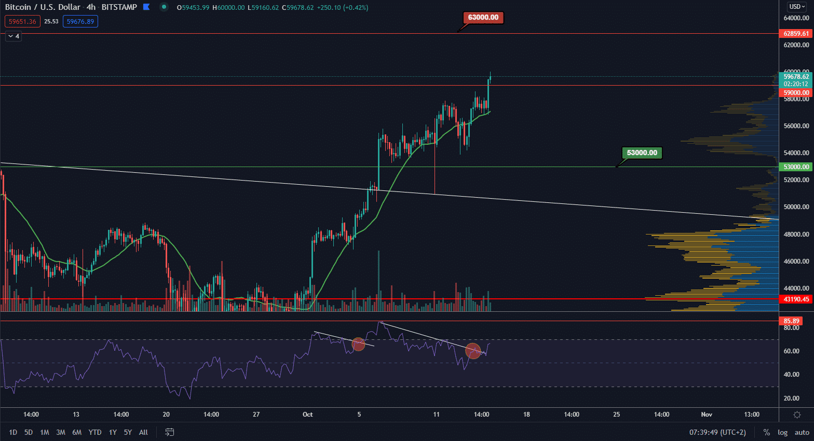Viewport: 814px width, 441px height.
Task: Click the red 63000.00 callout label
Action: tap(483, 18)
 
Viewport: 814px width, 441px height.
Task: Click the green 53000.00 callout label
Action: tap(642, 153)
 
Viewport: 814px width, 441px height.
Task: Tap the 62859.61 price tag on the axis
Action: tap(795, 34)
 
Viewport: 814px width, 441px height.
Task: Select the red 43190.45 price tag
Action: tap(795, 299)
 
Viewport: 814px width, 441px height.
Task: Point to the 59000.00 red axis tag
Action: tap(795, 93)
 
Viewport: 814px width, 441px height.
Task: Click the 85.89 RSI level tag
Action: tap(791, 321)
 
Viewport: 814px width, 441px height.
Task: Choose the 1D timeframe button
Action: tap(13, 432)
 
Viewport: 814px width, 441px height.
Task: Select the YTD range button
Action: tap(95, 432)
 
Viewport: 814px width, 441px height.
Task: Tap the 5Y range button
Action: tap(128, 432)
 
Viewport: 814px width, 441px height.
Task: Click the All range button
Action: tap(143, 432)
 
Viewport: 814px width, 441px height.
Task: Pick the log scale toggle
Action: tap(782, 432)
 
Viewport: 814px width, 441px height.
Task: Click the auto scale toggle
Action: tap(802, 432)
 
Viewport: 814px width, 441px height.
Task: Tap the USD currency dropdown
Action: tap(797, 7)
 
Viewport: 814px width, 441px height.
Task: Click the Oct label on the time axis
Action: tap(308, 415)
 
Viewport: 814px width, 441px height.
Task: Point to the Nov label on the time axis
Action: tap(707, 415)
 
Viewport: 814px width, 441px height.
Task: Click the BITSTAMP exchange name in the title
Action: tap(119, 7)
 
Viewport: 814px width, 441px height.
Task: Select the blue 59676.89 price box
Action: tap(80, 21)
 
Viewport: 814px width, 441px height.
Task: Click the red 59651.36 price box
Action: tap(22, 21)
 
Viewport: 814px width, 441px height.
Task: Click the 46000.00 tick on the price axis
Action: tap(796, 261)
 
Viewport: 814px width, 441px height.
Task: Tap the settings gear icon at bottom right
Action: tap(797, 415)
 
